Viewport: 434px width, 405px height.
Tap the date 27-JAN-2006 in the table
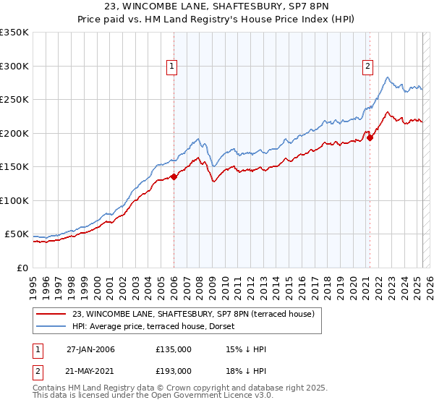(x=90, y=349)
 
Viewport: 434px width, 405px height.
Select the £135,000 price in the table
(x=174, y=349)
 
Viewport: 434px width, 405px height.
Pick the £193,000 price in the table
(x=174, y=371)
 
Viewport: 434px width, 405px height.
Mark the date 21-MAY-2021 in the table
(x=90, y=371)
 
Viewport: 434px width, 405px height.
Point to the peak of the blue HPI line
(x=388, y=77)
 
